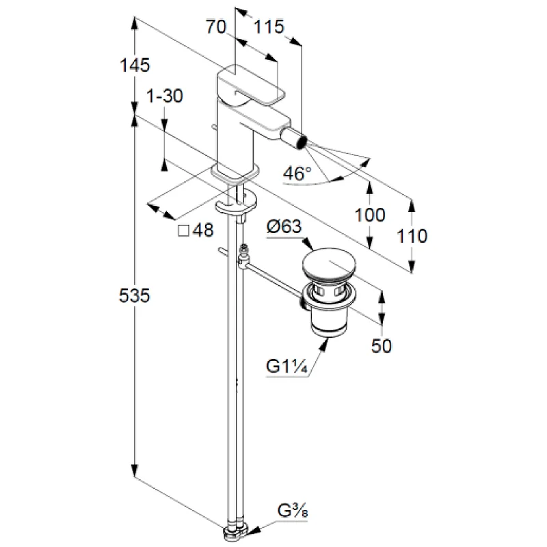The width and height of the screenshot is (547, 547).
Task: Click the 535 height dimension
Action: (134, 295)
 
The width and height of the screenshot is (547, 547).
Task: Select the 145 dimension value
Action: (135, 65)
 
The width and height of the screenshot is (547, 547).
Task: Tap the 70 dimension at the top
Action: (216, 27)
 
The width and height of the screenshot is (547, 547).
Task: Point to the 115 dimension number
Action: (269, 27)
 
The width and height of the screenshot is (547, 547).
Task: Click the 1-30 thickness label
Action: (165, 96)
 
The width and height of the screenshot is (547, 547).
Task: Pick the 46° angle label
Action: (297, 173)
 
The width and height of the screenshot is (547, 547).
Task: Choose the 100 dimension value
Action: (370, 215)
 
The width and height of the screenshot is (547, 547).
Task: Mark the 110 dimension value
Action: (412, 236)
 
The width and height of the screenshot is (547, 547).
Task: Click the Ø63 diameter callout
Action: (284, 227)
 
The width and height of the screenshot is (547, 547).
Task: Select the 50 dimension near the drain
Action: (382, 346)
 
